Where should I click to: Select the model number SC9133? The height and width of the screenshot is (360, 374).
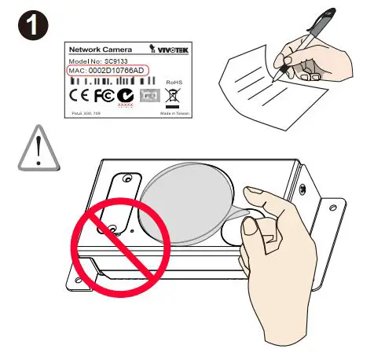(115, 61)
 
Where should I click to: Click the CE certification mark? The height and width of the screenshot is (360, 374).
(81, 97)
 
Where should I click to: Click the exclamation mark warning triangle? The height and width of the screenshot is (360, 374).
(37, 150)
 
